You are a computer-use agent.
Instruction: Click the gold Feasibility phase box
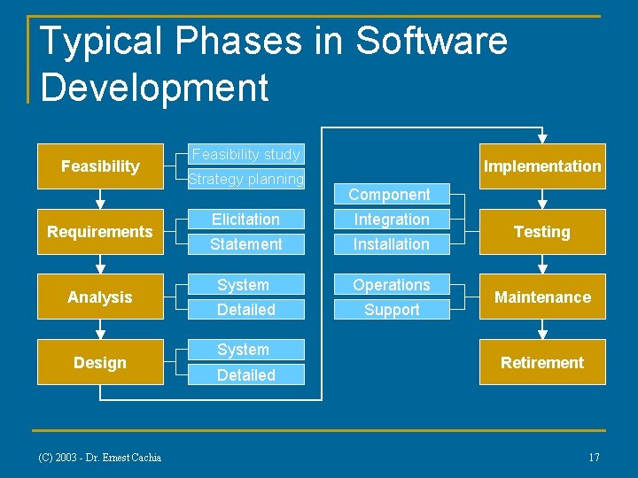[100, 166]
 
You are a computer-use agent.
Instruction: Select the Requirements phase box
[100, 232]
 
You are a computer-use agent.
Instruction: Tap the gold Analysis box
[100, 297]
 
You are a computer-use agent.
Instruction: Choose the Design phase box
[100, 363]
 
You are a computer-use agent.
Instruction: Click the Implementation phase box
[542, 166]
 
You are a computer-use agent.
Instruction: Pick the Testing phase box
[542, 232]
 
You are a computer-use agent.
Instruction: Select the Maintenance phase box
[542, 297]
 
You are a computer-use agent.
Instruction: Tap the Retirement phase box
[542, 363]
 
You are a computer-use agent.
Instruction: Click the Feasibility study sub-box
[246, 154]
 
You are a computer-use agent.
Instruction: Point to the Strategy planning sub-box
[246, 179]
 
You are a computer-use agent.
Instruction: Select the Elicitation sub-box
[246, 220]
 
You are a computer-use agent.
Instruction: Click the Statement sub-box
[246, 244]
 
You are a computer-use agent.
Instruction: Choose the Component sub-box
[390, 195]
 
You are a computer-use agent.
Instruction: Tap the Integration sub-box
[391, 220]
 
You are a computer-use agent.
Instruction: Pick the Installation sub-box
[391, 244]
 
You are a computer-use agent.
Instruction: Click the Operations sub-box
[391, 285]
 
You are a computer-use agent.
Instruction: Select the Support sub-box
[391, 310]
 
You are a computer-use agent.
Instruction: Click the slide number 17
[594, 458]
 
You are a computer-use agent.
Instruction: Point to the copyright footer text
[99, 458]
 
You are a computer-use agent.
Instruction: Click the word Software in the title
[432, 42]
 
